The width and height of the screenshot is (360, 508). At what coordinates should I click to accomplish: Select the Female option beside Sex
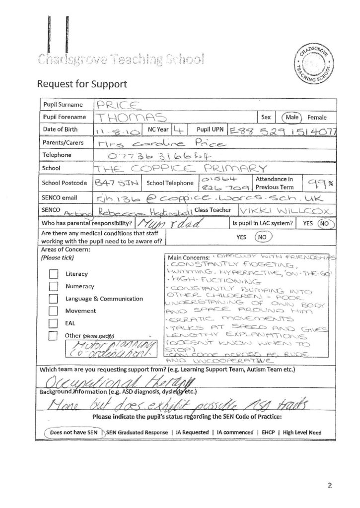[x=317, y=118]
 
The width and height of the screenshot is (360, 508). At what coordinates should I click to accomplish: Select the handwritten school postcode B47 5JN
[x=112, y=184]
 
